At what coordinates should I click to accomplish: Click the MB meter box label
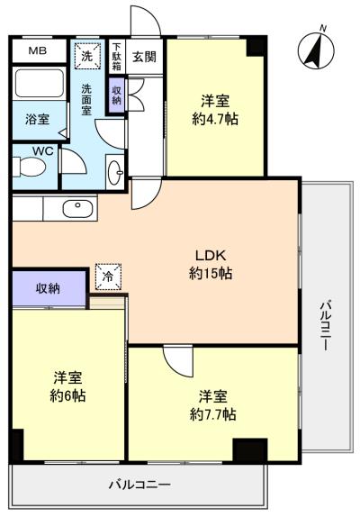(38, 50)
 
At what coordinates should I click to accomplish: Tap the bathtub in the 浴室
(40, 83)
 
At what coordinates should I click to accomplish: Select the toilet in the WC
(29, 167)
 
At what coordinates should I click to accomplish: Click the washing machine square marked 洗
(87, 56)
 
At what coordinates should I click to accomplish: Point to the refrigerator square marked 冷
(108, 277)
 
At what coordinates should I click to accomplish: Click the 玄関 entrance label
(144, 57)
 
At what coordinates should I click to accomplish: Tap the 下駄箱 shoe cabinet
(117, 57)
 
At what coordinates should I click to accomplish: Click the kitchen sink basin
(77, 209)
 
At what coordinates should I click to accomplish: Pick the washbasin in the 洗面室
(115, 172)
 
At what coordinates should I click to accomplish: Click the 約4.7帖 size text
(215, 119)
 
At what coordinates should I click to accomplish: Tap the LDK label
(211, 255)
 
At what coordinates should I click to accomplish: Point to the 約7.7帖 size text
(212, 413)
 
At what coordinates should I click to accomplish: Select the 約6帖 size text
(67, 395)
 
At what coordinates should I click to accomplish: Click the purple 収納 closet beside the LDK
(49, 288)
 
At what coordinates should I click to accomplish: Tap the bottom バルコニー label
(140, 485)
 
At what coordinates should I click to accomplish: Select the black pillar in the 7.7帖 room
(250, 449)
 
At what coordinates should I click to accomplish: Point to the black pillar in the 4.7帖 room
(256, 47)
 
